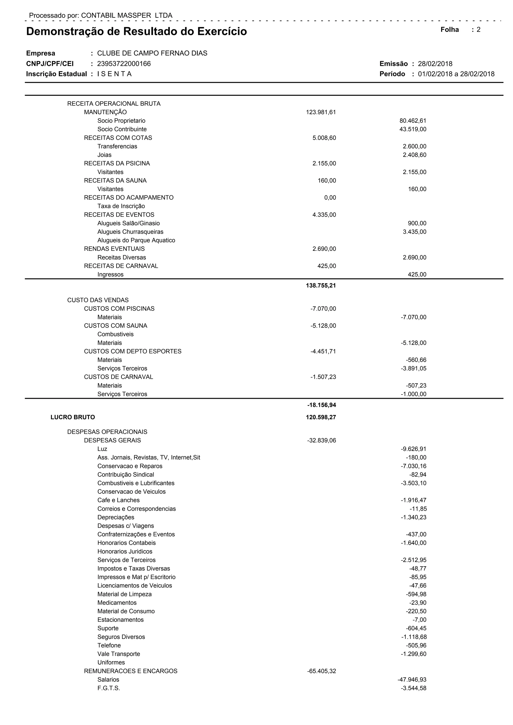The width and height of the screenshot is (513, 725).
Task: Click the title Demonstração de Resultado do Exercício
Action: coord(137,32)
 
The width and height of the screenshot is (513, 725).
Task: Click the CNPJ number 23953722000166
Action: coord(124,64)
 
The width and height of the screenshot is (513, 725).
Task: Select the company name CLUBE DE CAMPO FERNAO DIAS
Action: coord(152,53)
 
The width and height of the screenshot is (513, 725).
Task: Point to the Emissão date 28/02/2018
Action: coord(435,64)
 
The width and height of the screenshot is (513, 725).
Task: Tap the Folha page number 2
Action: coord(479,30)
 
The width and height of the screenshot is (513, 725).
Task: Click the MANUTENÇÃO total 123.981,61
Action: coord(321,112)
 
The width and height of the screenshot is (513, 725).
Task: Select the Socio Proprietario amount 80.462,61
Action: coord(413,121)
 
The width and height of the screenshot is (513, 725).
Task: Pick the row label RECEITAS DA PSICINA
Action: coord(117,163)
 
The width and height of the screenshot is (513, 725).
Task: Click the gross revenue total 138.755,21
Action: coord(321,285)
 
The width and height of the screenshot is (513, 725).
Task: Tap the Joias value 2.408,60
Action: coord(415,155)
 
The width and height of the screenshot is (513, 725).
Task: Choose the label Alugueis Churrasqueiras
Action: coord(130,232)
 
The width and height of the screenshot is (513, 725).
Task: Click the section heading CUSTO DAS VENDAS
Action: coord(98,300)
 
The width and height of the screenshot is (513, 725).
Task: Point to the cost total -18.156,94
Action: coord(322,405)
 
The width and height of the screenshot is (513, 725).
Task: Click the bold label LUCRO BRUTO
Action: coord(73,417)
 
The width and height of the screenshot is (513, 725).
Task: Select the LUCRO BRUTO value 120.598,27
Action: coord(321,417)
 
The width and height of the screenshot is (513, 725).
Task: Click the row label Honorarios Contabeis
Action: coord(126,543)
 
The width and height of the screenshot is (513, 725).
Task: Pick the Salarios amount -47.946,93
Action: coord(412,679)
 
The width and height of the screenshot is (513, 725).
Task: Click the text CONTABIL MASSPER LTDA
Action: coord(127,16)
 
